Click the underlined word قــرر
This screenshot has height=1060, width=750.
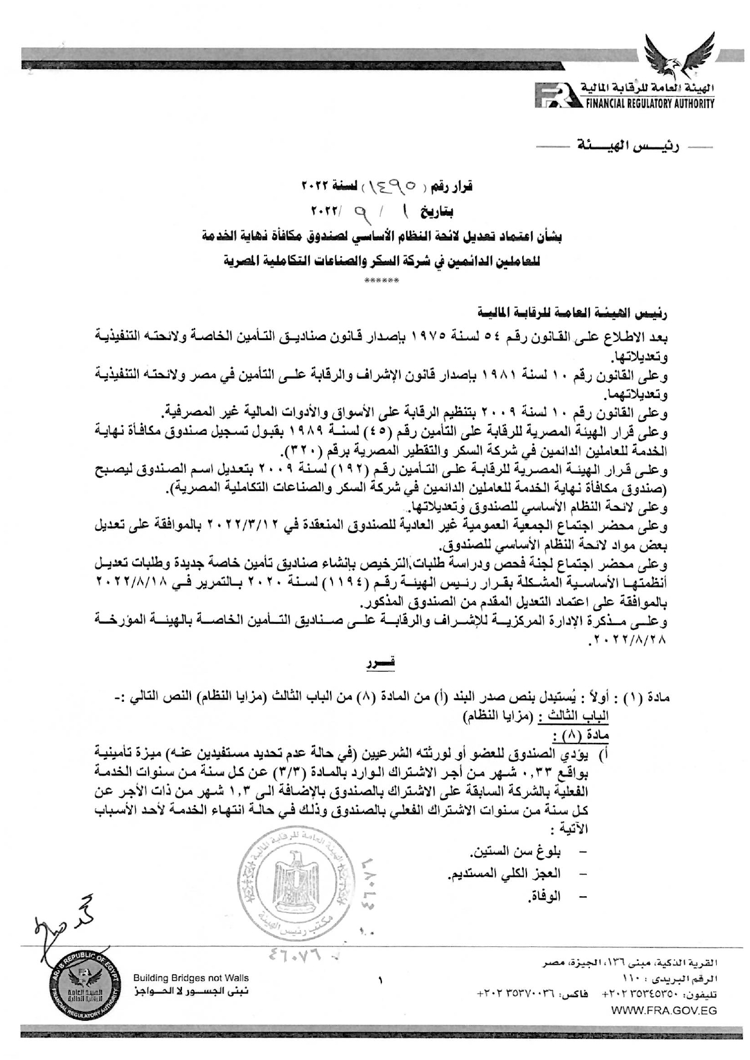click(382, 664)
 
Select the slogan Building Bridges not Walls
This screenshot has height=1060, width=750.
click(190, 978)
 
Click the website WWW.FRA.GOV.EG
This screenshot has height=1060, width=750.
click(664, 1010)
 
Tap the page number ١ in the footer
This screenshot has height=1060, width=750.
click(380, 981)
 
